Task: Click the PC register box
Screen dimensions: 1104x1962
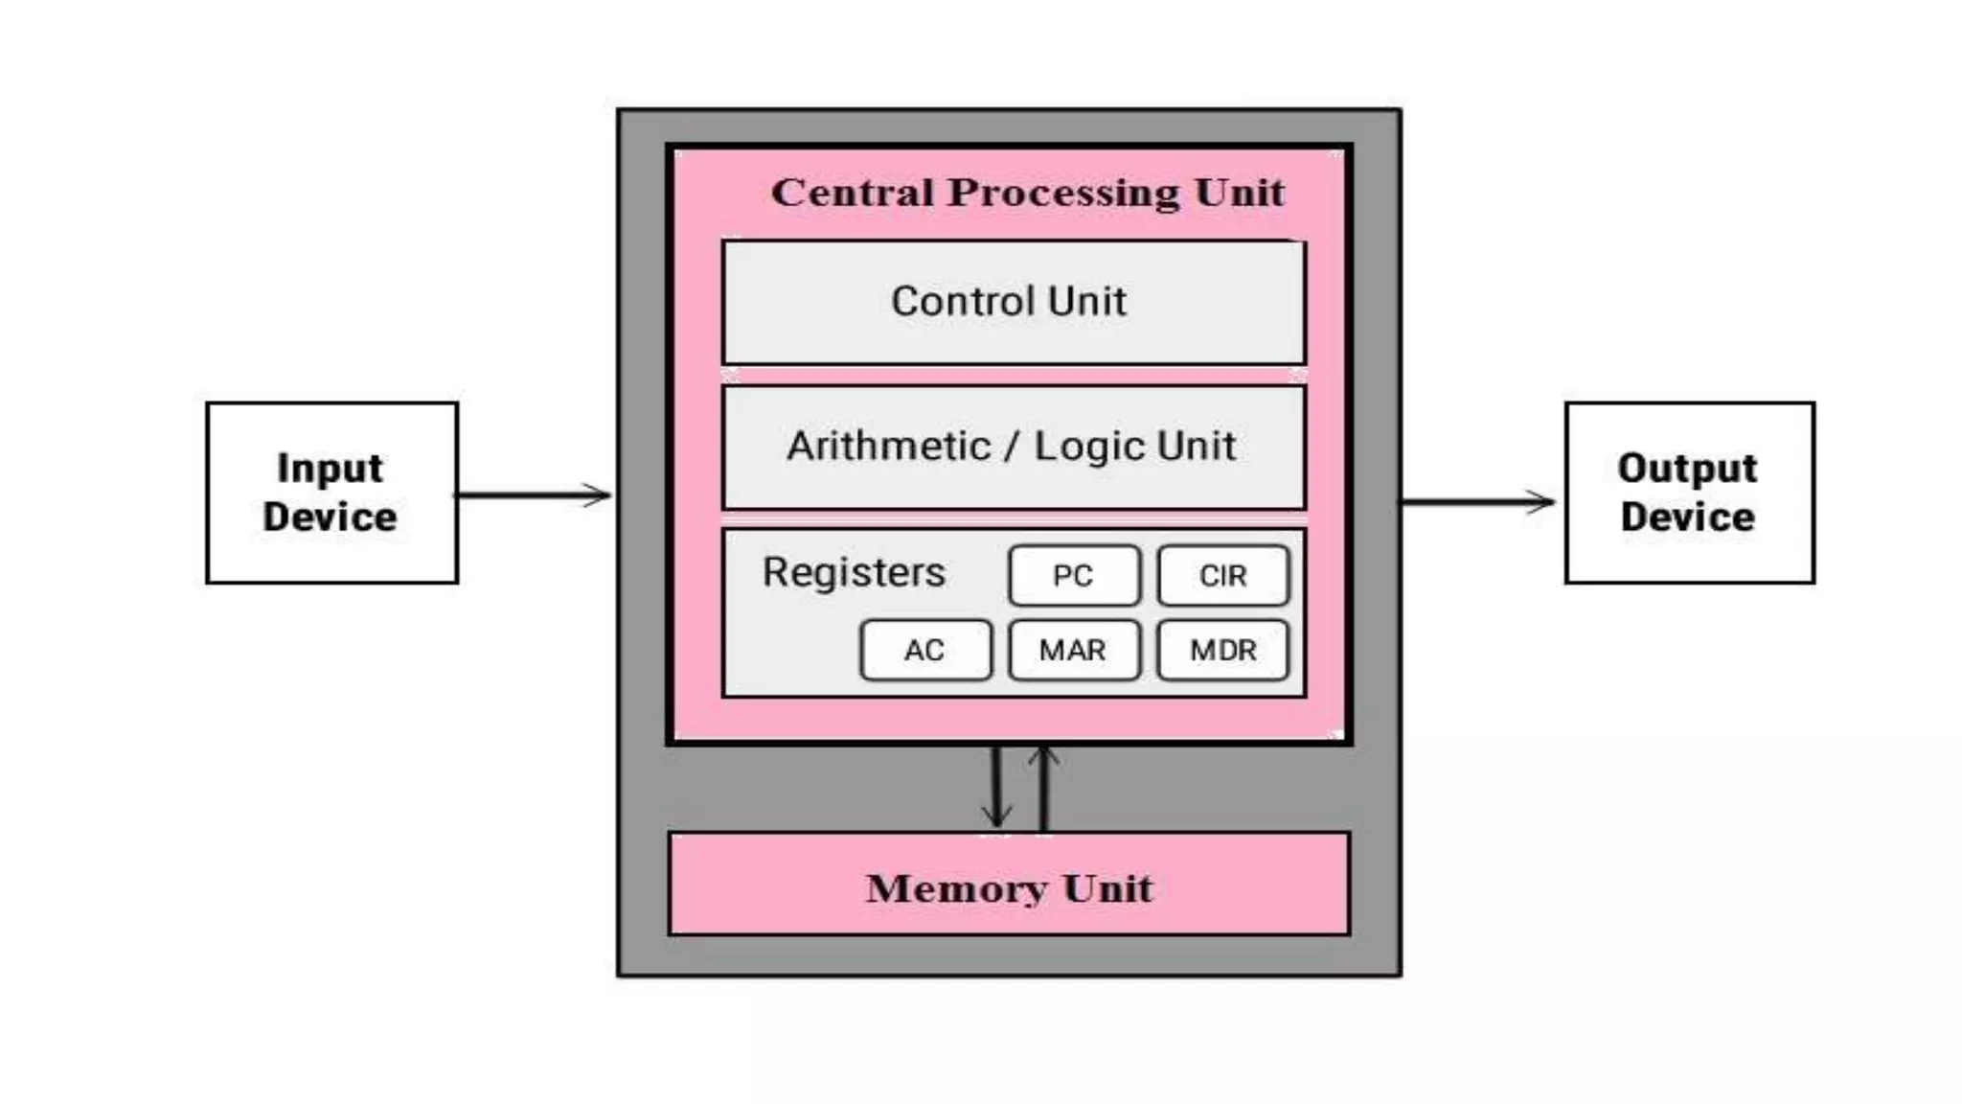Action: [1074, 576]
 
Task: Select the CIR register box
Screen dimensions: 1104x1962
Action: [1222, 576]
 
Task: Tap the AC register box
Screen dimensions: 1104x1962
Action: [925, 651]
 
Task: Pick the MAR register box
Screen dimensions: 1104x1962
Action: [1074, 651]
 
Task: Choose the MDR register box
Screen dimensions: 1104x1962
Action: [1222, 651]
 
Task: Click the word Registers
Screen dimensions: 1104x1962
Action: [854, 572]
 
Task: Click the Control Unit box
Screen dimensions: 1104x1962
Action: [1013, 302]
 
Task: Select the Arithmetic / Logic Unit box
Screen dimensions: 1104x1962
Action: [1013, 447]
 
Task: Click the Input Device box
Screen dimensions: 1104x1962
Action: [331, 493]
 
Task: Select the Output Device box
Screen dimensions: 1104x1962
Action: [1689, 493]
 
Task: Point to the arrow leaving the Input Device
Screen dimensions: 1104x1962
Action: [533, 495]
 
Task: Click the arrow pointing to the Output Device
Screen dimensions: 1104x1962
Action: [1477, 501]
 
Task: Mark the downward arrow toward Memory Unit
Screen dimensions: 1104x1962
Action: [996, 788]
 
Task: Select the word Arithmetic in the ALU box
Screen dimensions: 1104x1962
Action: [888, 447]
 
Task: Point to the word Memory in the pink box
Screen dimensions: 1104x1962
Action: [955, 888]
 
